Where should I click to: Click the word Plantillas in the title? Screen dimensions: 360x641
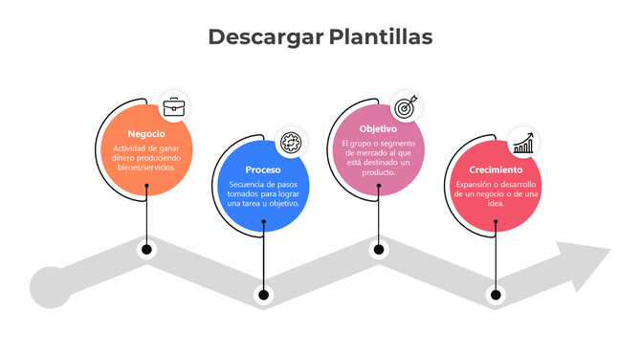(x=381, y=37)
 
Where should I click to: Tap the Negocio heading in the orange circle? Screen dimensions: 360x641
(x=146, y=134)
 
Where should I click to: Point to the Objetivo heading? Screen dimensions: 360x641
(x=379, y=128)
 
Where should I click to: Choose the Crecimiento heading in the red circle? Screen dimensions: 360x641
(x=496, y=169)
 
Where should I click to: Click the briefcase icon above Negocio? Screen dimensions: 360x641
(x=174, y=106)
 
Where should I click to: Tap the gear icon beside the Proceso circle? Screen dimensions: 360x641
(x=291, y=140)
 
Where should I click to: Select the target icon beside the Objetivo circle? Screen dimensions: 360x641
(x=406, y=106)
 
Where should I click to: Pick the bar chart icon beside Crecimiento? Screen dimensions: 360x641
(x=522, y=144)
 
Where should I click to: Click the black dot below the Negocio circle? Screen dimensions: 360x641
(x=146, y=250)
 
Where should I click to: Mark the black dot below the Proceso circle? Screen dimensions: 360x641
(x=263, y=293)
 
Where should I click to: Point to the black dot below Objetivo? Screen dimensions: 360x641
(x=379, y=250)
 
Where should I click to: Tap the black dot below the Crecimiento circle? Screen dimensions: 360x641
(x=496, y=293)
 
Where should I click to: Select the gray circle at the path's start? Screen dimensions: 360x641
(x=50, y=287)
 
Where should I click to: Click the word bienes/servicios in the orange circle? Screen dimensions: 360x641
(x=146, y=167)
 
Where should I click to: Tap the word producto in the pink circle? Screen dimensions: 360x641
(x=379, y=172)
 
